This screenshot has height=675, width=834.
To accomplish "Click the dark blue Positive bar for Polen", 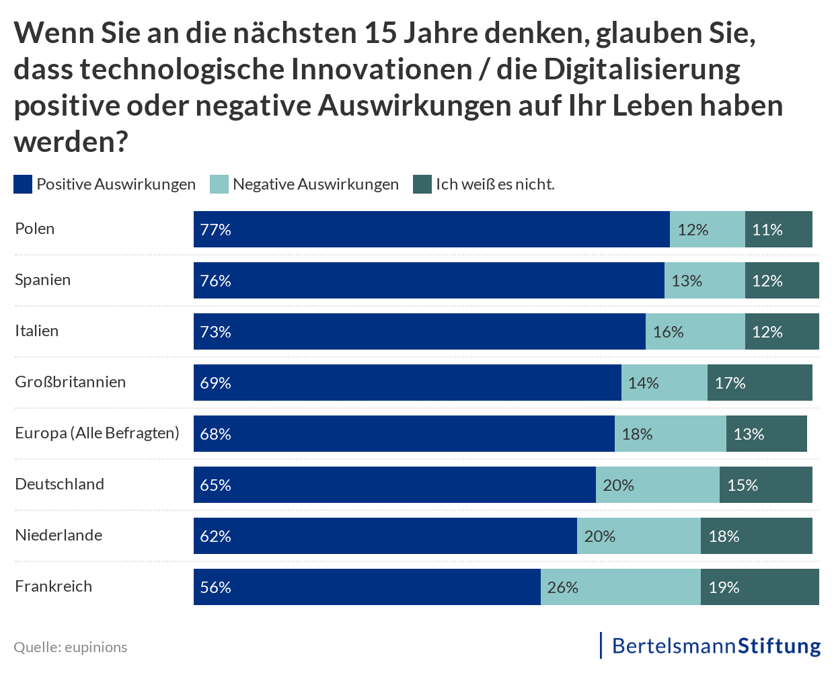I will (432, 229).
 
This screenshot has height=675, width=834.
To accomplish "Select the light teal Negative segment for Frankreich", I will (621, 587).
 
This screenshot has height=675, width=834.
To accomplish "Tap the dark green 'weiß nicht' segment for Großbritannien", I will (760, 383).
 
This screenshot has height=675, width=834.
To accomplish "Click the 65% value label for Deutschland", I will (215, 485).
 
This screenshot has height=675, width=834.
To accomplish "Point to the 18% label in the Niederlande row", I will (724, 537).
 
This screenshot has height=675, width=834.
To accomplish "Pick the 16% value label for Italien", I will (668, 332).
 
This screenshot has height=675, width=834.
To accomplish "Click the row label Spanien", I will (42, 280).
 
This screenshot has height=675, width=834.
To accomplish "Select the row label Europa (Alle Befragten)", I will (97, 433).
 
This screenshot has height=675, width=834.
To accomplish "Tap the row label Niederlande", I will (59, 535).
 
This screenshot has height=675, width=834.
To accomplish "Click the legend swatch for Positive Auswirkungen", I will (23, 184).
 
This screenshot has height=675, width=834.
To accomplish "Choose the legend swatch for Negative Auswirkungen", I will (219, 184).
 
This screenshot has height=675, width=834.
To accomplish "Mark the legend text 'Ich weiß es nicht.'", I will (495, 184).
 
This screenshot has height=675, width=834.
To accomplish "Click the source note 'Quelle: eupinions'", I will (71, 647).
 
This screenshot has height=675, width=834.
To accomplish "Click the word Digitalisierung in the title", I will (642, 69).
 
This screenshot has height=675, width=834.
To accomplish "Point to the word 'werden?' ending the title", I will (71, 142).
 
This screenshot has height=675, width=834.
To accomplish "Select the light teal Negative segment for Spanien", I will (705, 280).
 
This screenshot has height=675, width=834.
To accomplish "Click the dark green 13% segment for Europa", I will (767, 434).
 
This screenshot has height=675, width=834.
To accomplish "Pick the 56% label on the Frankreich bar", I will (215, 588).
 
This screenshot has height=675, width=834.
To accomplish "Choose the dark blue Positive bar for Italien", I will (420, 331).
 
